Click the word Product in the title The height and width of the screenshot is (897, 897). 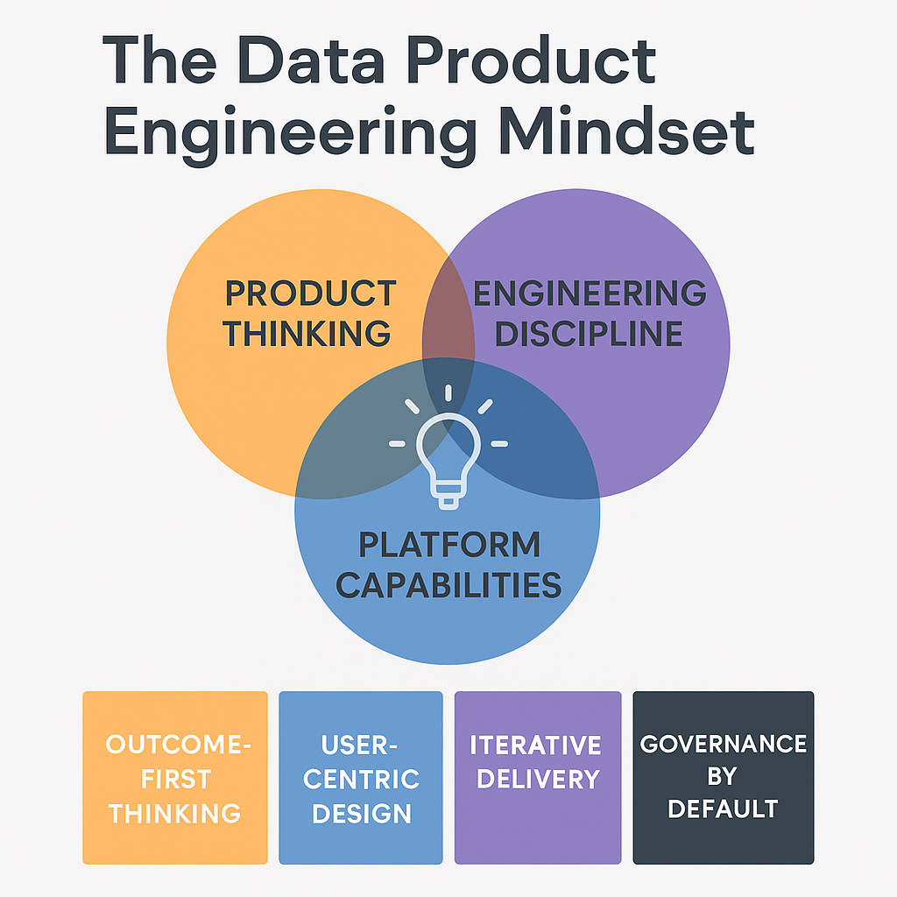tap(542, 61)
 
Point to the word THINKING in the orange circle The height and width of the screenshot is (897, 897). tap(306, 334)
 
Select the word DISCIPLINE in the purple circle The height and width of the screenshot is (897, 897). tap(590, 334)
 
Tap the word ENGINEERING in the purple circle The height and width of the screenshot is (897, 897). tap(590, 293)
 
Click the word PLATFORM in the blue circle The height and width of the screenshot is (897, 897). tap(449, 545)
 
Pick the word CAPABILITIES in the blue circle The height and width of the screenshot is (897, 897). tap(448, 584)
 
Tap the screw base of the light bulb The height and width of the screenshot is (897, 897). tap(448, 498)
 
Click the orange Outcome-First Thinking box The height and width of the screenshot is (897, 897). tap(175, 777)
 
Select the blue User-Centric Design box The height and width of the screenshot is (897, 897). tap(361, 777)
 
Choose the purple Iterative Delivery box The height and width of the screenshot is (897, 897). tap(537, 777)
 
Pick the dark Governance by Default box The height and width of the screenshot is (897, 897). tap(724, 777)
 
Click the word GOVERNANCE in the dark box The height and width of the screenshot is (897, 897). tap(724, 745)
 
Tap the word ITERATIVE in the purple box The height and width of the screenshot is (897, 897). tap(536, 745)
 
